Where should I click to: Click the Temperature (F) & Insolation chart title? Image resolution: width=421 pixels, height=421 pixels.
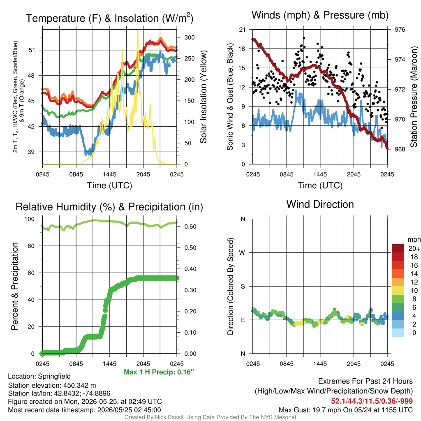[109, 18]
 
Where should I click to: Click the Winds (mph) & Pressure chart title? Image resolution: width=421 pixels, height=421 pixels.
[320, 15]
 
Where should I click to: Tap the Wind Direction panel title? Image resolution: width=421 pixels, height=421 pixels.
[320, 204]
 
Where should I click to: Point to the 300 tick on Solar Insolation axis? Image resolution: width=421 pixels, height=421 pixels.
[190, 37]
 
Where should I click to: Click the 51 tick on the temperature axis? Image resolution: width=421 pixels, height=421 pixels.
[32, 50]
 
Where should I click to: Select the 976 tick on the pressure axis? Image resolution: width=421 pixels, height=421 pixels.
[400, 30]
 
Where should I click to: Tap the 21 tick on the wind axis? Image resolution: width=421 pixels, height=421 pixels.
[242, 30]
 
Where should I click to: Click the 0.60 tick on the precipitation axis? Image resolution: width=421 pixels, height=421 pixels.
[190, 227]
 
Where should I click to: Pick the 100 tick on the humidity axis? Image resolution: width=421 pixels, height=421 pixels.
[30, 219]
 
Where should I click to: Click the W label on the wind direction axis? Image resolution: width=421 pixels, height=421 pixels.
[242, 253]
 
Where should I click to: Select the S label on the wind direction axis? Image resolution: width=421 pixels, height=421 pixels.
[243, 287]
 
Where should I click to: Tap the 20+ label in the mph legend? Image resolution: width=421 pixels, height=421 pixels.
[414, 249]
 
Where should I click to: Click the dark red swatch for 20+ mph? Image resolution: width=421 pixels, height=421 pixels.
[398, 248]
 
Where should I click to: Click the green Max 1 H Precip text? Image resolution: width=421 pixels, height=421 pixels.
[159, 372]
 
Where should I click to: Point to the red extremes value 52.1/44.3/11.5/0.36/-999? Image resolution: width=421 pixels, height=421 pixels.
[372, 401]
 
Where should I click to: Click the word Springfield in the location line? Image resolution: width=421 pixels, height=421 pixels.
[54, 377]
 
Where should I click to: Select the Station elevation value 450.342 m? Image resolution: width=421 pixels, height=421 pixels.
[79, 386]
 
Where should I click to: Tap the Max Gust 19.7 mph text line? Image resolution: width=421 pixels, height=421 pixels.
[345, 410]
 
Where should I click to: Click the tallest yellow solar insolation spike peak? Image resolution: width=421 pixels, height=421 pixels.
[138, 30]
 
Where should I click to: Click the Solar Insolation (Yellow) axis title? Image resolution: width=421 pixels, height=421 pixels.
[204, 97]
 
